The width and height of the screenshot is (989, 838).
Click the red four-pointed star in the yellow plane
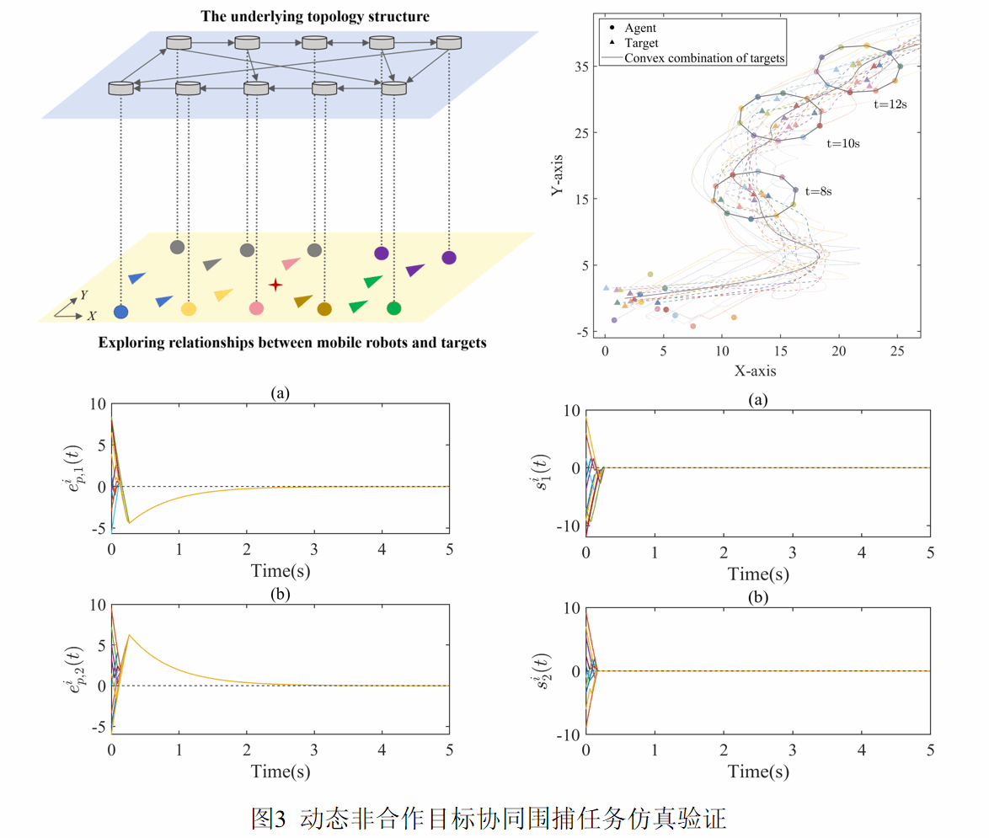pyautogui.click(x=275, y=286)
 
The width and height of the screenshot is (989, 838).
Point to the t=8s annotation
pyautogui.click(x=819, y=192)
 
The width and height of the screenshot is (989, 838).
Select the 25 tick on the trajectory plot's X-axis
pyautogui.click(x=897, y=349)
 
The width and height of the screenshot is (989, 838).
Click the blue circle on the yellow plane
pyautogui.click(x=121, y=312)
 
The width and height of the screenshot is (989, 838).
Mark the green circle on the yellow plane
pyautogui.click(x=393, y=308)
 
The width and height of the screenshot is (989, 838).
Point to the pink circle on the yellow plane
pyautogui.click(x=257, y=308)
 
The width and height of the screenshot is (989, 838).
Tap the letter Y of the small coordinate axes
pyautogui.click(x=83, y=296)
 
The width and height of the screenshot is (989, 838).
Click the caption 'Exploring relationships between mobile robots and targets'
pyautogui.click(x=292, y=343)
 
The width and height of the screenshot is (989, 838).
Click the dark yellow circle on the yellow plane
pyautogui.click(x=324, y=309)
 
